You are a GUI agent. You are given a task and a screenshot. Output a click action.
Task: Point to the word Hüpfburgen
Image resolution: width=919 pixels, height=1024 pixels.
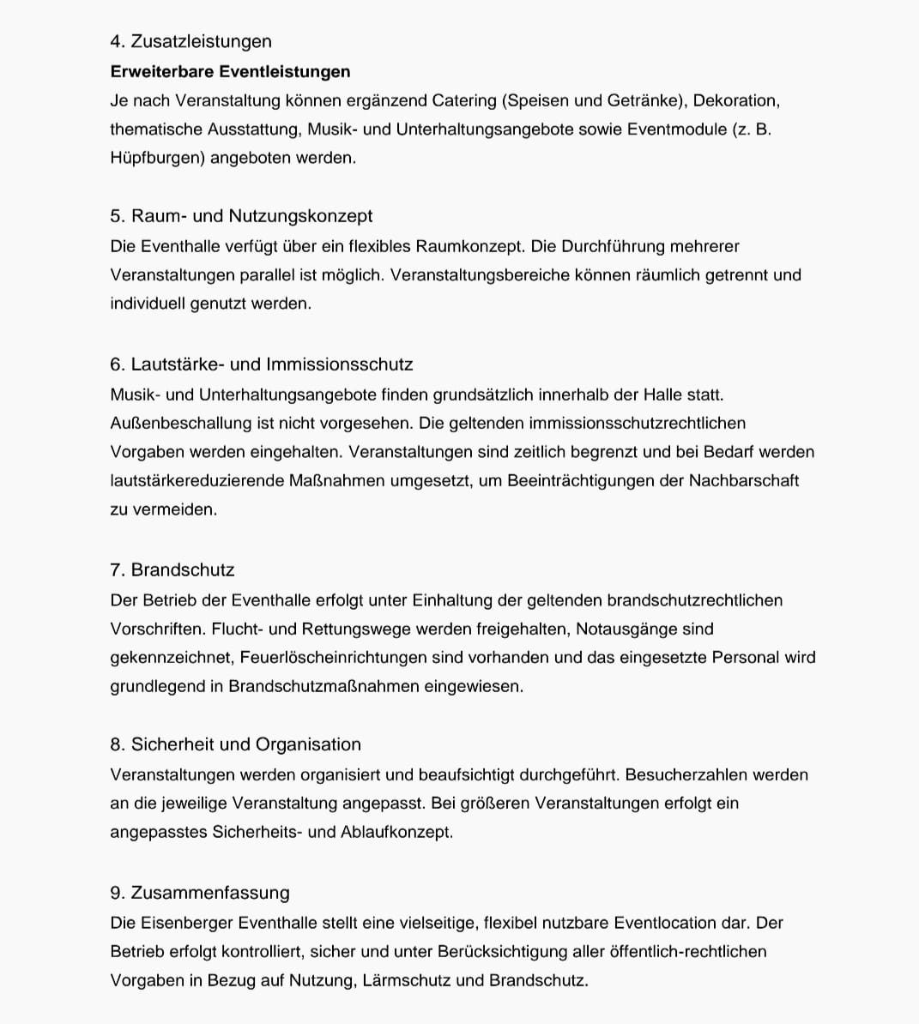pos(156,158)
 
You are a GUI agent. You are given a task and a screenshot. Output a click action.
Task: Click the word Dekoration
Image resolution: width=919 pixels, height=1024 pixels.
pos(735,100)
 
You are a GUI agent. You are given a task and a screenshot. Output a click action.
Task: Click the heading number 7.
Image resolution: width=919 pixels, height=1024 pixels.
pos(118,570)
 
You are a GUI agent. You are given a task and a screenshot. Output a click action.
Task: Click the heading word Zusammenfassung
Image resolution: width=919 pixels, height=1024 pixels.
pos(209,893)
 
